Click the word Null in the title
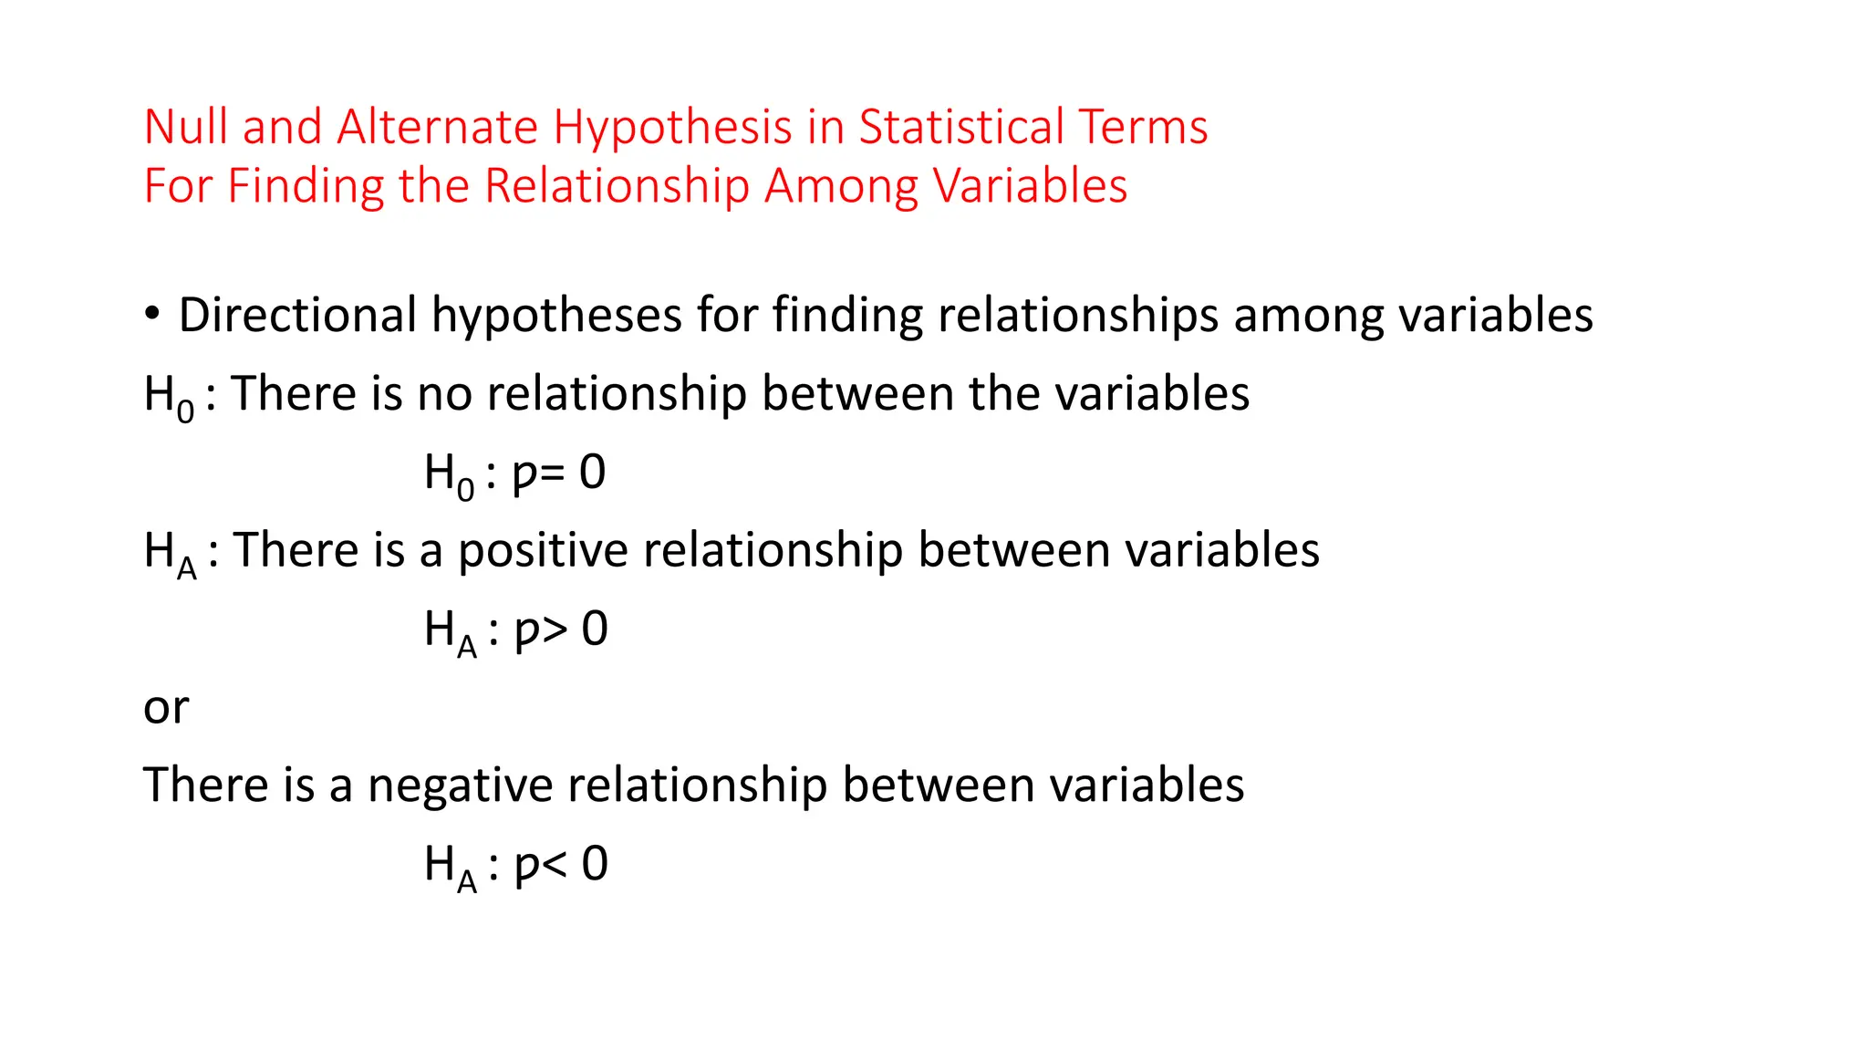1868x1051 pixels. coord(186,127)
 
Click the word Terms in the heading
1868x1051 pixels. coord(1144,127)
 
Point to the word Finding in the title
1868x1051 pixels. coord(306,187)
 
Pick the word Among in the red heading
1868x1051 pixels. coord(841,187)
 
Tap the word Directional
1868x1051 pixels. coord(297,315)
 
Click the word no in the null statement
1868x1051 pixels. coord(444,394)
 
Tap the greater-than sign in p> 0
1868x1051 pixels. coord(554,630)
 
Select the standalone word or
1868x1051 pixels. coord(166,708)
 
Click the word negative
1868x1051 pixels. coord(461,786)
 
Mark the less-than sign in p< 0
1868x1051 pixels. coord(554,864)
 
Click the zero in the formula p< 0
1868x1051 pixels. coord(595,863)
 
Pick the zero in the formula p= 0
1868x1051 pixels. coord(593,473)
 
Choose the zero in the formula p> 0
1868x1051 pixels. coord(595,629)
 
